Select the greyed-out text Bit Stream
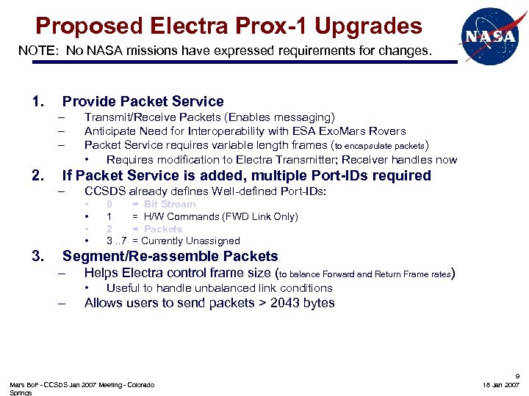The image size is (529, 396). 170,204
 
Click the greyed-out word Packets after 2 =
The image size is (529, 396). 163,229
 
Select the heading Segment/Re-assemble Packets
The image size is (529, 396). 170,257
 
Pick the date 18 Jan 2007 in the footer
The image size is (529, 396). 501,384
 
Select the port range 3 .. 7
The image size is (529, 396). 118,241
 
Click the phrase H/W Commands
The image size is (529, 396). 177,216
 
